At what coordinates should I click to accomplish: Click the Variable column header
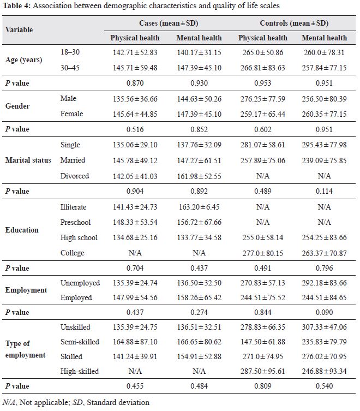19,29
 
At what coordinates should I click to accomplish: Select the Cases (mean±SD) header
169,23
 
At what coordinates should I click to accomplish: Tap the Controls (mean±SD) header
294,23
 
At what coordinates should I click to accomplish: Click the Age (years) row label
23,59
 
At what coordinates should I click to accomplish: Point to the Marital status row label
28,160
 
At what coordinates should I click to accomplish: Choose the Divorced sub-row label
75,176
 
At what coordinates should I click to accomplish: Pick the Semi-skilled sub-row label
80,342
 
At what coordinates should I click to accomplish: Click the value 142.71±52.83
135,52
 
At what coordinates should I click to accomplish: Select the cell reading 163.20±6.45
199,207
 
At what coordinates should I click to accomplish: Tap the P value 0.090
324,312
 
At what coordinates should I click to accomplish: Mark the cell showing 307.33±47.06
324,327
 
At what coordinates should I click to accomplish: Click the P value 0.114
324,191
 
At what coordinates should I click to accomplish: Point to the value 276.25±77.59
263,99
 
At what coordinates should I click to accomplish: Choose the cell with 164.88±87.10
135,342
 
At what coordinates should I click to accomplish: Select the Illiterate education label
73,207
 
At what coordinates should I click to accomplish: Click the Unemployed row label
80,283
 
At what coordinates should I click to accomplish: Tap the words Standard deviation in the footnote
118,402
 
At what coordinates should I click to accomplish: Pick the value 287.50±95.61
263,371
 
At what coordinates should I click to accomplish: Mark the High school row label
79,237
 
